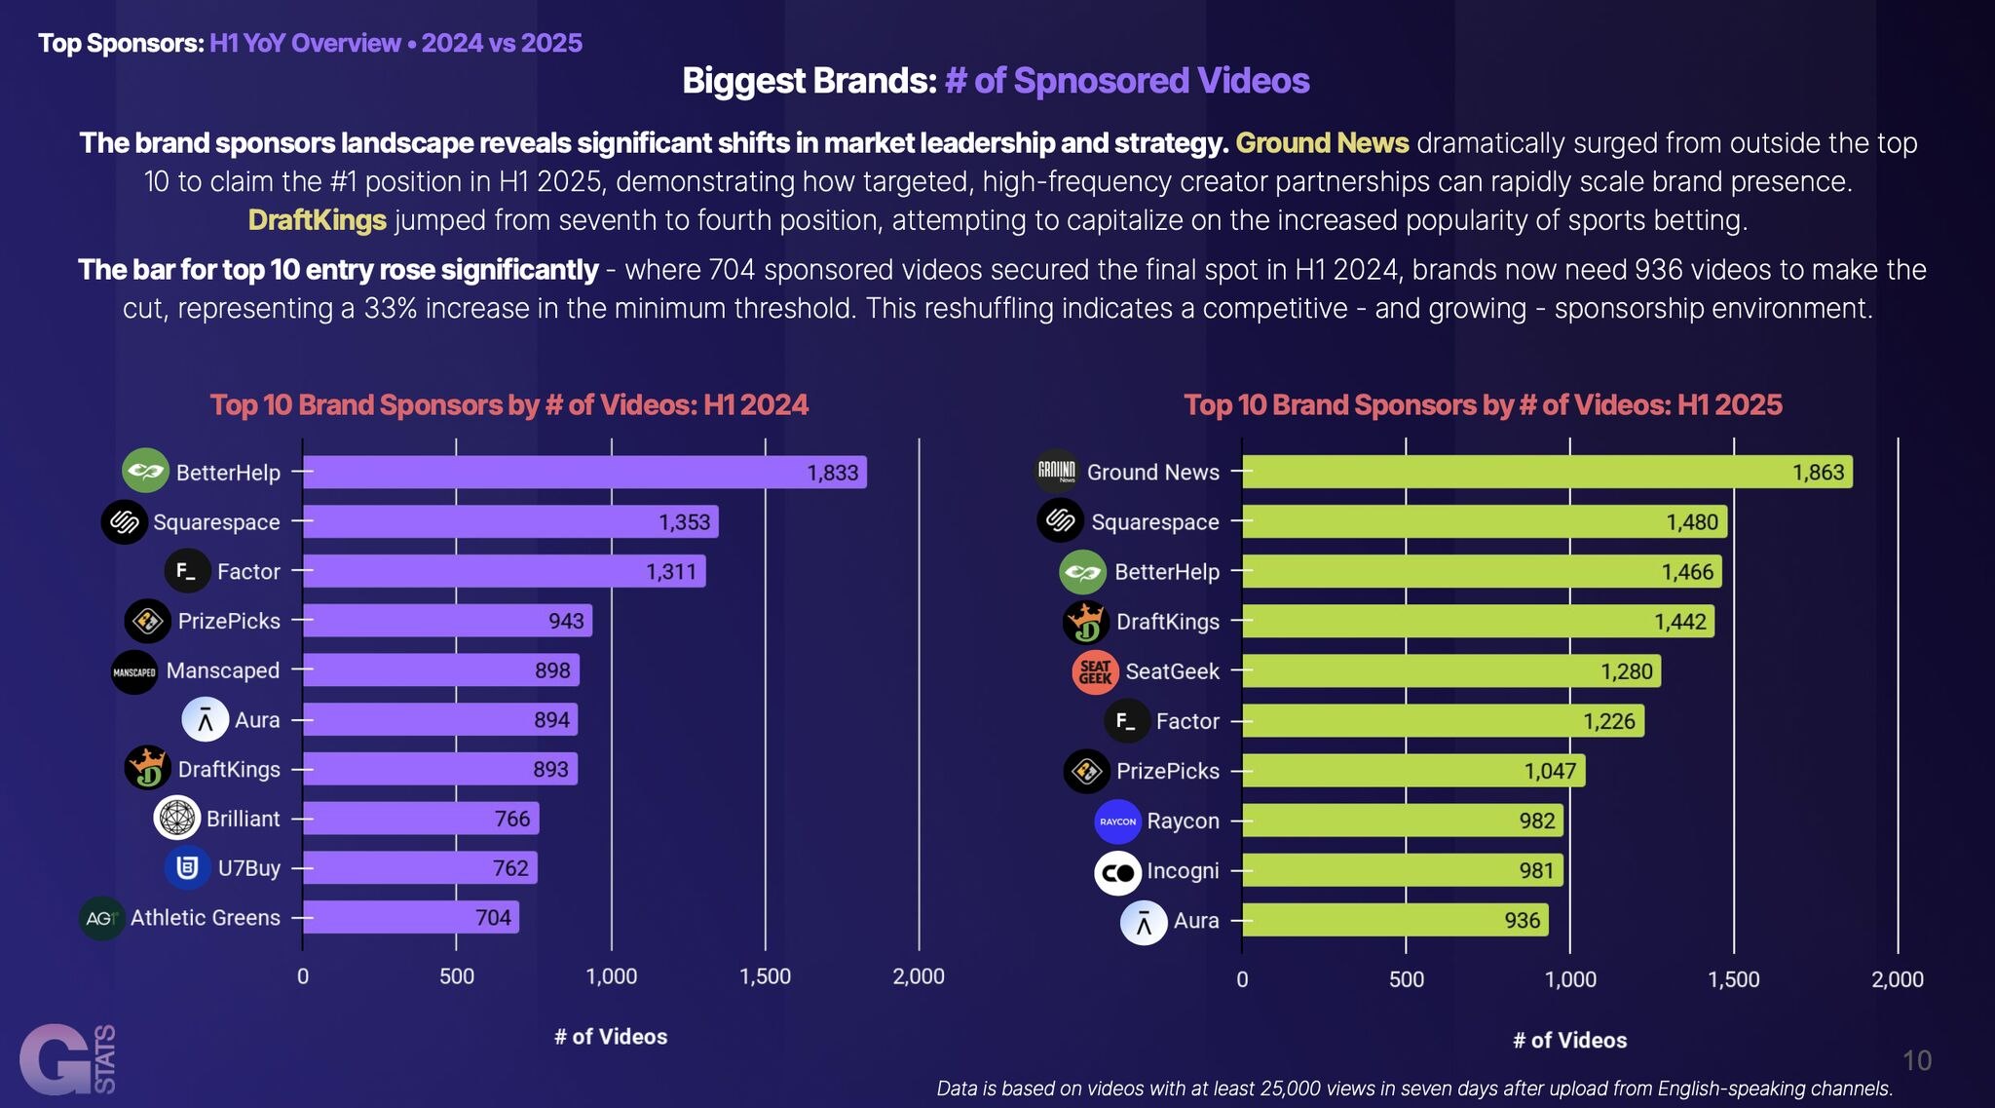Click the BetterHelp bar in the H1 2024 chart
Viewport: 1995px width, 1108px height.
tap(584, 473)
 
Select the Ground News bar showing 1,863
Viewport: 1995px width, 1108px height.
tap(1547, 473)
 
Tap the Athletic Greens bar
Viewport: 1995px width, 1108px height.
tap(410, 917)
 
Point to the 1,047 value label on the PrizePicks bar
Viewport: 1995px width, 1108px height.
tap(1550, 772)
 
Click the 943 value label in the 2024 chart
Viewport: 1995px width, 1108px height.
tap(566, 621)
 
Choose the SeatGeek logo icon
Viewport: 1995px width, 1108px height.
tap(1095, 672)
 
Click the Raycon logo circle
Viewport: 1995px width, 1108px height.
tap(1117, 821)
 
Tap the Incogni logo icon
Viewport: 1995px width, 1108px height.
tap(1117, 872)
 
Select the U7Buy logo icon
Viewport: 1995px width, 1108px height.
tap(187, 867)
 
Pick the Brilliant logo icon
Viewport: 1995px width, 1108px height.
tap(177, 819)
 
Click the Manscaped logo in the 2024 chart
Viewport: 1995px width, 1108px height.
tap(134, 672)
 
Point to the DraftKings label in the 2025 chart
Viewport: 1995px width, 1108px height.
tap(1167, 622)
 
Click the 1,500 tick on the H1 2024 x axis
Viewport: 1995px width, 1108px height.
tap(766, 976)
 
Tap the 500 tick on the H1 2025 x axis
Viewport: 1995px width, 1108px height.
tap(1406, 979)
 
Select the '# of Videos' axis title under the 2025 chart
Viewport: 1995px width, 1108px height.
tap(1569, 1041)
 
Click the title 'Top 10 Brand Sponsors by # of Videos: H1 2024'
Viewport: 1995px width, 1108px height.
tap(508, 405)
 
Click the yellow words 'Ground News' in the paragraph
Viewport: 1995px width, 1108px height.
tap(1322, 143)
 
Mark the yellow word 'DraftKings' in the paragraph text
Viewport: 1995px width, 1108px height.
tap(317, 220)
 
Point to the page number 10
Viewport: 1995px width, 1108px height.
tap(1916, 1060)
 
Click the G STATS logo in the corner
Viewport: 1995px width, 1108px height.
tap(66, 1059)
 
